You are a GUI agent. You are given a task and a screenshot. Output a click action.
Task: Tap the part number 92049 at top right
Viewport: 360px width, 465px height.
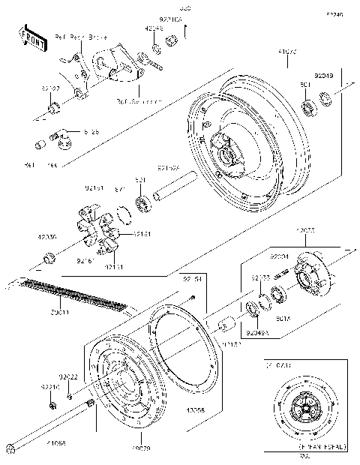pos(324,75)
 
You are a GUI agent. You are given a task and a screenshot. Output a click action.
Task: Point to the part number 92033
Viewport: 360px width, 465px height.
pos(260,277)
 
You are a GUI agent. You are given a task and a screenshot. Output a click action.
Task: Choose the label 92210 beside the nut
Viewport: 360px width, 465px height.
pos(49,388)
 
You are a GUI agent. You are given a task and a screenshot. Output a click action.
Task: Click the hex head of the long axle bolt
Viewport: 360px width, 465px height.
pos(10,449)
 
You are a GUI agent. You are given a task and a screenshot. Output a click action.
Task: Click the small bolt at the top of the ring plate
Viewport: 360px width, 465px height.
pos(193,298)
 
